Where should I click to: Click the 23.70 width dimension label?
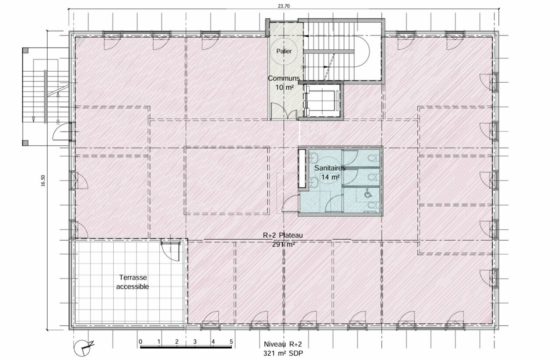[x=284, y=6]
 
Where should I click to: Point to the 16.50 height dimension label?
[x=43, y=181]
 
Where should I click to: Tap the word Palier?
[x=284, y=51]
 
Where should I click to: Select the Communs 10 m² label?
[x=284, y=83]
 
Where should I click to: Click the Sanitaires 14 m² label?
[x=330, y=172]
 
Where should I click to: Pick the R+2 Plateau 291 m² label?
[x=283, y=240]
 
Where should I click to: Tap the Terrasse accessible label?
[x=133, y=282]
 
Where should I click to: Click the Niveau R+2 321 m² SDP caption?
[x=283, y=349]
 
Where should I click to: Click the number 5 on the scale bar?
[x=231, y=342]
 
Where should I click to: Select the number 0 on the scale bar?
[x=140, y=342]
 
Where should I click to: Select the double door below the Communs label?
[x=284, y=111]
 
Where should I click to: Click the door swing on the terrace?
[x=171, y=251]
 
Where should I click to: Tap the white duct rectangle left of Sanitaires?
[x=302, y=168]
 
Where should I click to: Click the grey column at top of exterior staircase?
[x=25, y=51]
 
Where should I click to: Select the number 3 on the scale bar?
[x=195, y=342]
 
